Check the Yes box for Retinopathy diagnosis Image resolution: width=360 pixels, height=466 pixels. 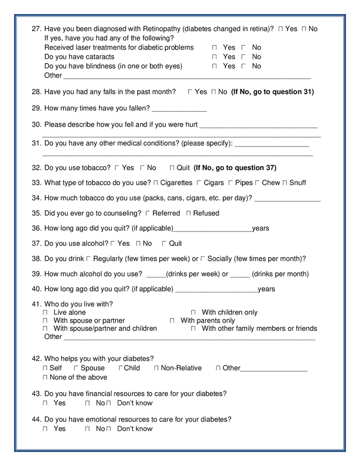click(280, 29)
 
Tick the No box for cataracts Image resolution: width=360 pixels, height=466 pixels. click(243, 57)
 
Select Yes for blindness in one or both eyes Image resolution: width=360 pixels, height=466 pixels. click(214, 66)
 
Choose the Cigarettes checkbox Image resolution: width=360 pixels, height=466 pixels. click(155, 183)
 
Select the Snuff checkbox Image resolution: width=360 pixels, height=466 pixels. click(284, 183)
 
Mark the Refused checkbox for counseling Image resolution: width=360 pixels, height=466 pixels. click(189, 213)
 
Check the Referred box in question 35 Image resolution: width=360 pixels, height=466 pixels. click(148, 213)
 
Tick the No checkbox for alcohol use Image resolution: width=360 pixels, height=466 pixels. click(138, 243)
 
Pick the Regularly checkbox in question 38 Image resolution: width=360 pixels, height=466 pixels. click(89, 258)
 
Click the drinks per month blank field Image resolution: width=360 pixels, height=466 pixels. click(240, 274)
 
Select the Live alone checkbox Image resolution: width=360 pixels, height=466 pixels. click(45, 313)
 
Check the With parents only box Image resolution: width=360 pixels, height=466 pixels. click(172, 321)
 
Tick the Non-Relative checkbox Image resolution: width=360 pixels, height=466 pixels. click(156, 368)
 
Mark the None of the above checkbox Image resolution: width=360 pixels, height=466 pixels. click(45, 377)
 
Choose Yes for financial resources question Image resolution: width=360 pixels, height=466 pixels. click(45, 403)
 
